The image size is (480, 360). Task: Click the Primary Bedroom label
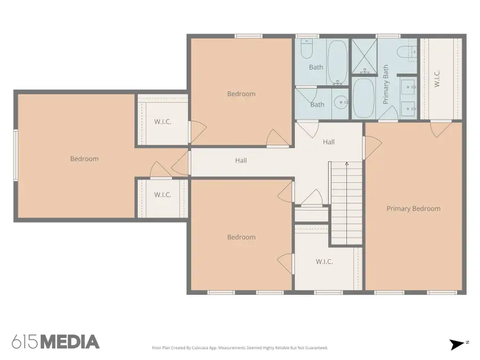[x=413, y=209]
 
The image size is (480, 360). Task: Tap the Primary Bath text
[x=386, y=84]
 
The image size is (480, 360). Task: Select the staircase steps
[x=347, y=204]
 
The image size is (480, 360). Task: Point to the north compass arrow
[x=458, y=345]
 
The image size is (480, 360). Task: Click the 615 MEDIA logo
[x=55, y=342]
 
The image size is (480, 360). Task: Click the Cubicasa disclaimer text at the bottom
[x=239, y=348]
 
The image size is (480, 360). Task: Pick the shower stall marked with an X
[x=364, y=56]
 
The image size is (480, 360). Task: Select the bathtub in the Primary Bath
[x=363, y=98]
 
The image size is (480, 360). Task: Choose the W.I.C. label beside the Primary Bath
[x=437, y=79]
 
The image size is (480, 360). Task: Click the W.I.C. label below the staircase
[x=324, y=262]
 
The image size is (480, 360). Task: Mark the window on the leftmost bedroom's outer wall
[x=15, y=155]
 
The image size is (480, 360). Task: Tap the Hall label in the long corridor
[x=241, y=161]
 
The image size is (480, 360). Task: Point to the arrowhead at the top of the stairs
[x=347, y=164]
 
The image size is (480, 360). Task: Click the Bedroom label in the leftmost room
[x=84, y=159]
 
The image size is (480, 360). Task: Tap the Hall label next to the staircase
[x=329, y=142]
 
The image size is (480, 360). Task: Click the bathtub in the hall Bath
[x=338, y=62]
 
